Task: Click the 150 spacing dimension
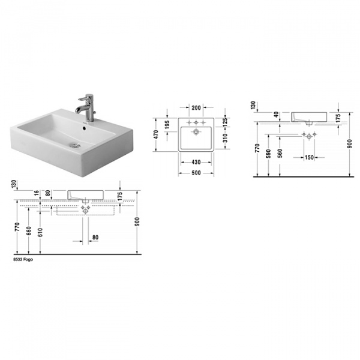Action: point(308,157)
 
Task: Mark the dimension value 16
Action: point(37,193)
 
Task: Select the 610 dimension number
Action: point(41,232)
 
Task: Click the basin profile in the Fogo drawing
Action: point(86,196)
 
